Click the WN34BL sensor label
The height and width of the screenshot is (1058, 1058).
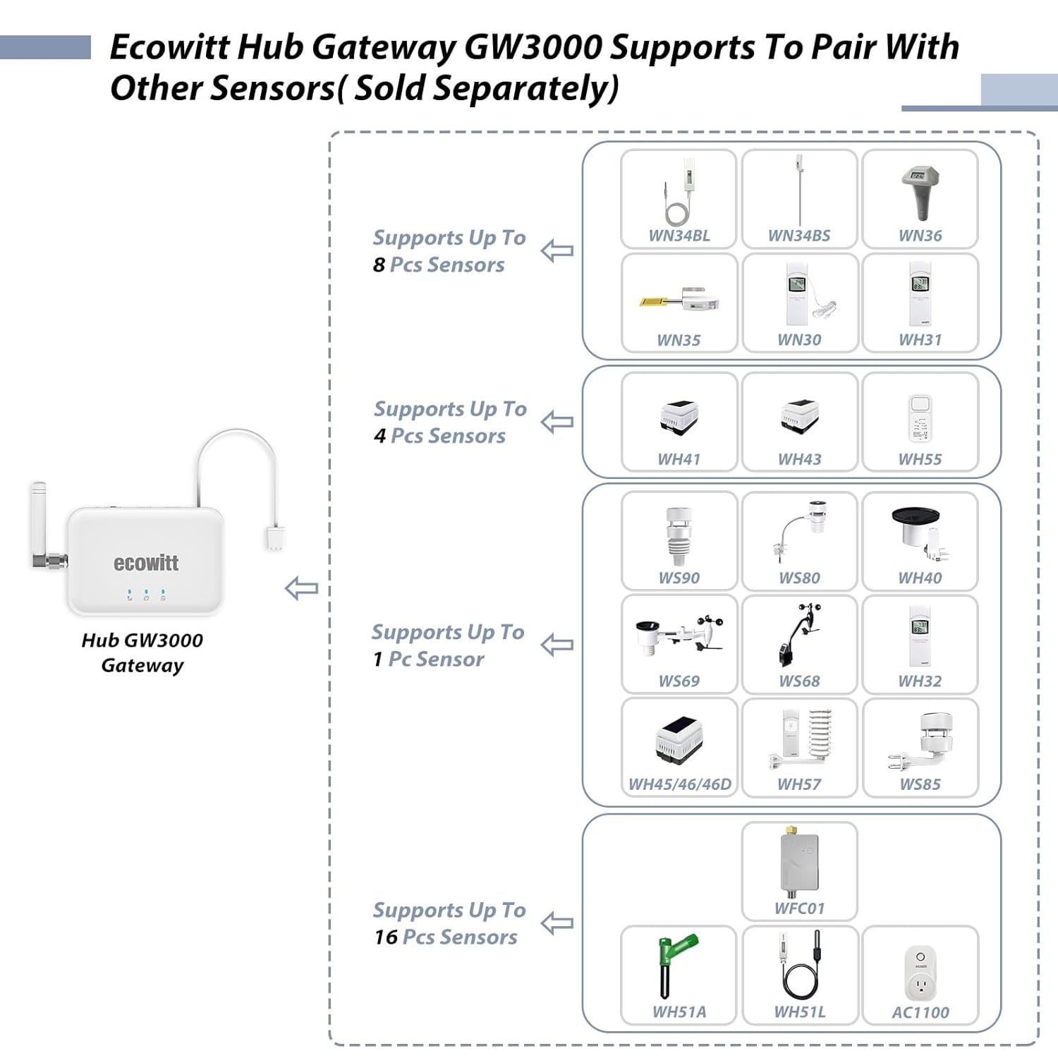[x=679, y=236]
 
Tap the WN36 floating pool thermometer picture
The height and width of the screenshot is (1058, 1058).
[x=920, y=193]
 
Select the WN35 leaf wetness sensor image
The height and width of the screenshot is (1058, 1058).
[x=679, y=299]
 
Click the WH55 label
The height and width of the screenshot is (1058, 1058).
[x=920, y=459]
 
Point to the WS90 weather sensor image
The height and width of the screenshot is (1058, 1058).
[x=679, y=536]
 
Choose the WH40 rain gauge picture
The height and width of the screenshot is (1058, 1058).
[x=920, y=533]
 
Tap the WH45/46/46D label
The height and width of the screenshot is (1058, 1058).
[x=679, y=784]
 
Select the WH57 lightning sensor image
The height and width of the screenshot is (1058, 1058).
[x=800, y=741]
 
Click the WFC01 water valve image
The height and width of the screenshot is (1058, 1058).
[x=799, y=863]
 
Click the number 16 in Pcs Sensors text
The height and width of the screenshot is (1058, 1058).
[x=386, y=937]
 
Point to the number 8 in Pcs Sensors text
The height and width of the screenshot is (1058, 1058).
[x=379, y=265]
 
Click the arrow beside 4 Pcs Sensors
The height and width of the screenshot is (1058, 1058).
[x=557, y=422]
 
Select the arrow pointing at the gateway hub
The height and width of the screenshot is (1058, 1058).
[x=301, y=588]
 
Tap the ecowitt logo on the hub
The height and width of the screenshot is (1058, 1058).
[x=146, y=563]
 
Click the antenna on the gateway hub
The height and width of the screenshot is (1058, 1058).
[x=40, y=522]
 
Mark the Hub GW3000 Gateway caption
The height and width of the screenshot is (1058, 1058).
[x=142, y=652]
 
